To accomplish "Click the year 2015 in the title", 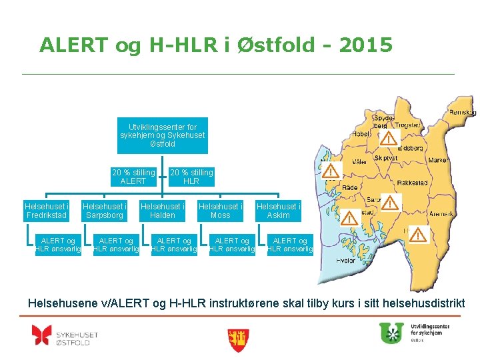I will point(366,45).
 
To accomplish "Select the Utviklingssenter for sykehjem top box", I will point(163,135).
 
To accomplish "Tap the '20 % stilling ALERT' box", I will point(133,177).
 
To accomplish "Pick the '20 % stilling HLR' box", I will point(191,177).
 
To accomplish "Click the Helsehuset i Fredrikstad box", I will point(47,211).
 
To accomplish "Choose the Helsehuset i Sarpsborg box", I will point(105,211).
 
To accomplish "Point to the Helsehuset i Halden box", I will point(163,211).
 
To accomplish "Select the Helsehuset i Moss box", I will point(221,211).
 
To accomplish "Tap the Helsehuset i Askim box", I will point(278,211).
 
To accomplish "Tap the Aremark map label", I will point(441,214).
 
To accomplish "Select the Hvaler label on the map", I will point(346,260).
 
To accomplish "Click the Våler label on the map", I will point(360,161).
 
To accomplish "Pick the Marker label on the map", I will point(438,161).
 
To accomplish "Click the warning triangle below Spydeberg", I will point(388,138).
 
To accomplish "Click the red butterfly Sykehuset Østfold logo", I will point(41,335).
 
